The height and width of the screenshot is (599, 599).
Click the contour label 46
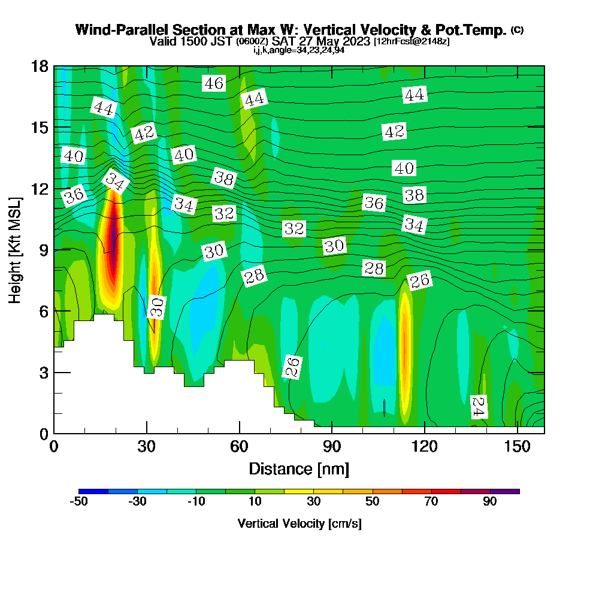click(x=214, y=83)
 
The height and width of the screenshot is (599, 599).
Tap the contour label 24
click(x=478, y=407)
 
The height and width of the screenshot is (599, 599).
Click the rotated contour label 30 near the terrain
click(x=156, y=307)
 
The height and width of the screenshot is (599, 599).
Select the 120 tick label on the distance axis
click(x=424, y=447)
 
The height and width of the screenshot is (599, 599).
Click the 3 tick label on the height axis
click(x=43, y=372)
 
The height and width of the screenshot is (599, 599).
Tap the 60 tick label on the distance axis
click(x=239, y=447)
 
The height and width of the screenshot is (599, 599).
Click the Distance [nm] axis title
click(x=298, y=468)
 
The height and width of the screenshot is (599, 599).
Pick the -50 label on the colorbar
click(x=78, y=502)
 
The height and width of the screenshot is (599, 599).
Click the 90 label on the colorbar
click(x=490, y=502)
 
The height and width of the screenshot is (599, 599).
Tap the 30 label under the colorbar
click(x=314, y=502)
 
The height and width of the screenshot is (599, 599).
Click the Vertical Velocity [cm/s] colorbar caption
click(x=299, y=524)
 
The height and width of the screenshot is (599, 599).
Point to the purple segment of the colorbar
click(x=504, y=491)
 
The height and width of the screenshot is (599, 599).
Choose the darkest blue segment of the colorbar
click(x=93, y=491)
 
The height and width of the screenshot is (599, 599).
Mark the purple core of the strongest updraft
click(x=113, y=231)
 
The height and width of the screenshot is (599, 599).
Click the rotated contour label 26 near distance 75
click(x=292, y=367)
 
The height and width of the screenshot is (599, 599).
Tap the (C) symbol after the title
click(x=517, y=30)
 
